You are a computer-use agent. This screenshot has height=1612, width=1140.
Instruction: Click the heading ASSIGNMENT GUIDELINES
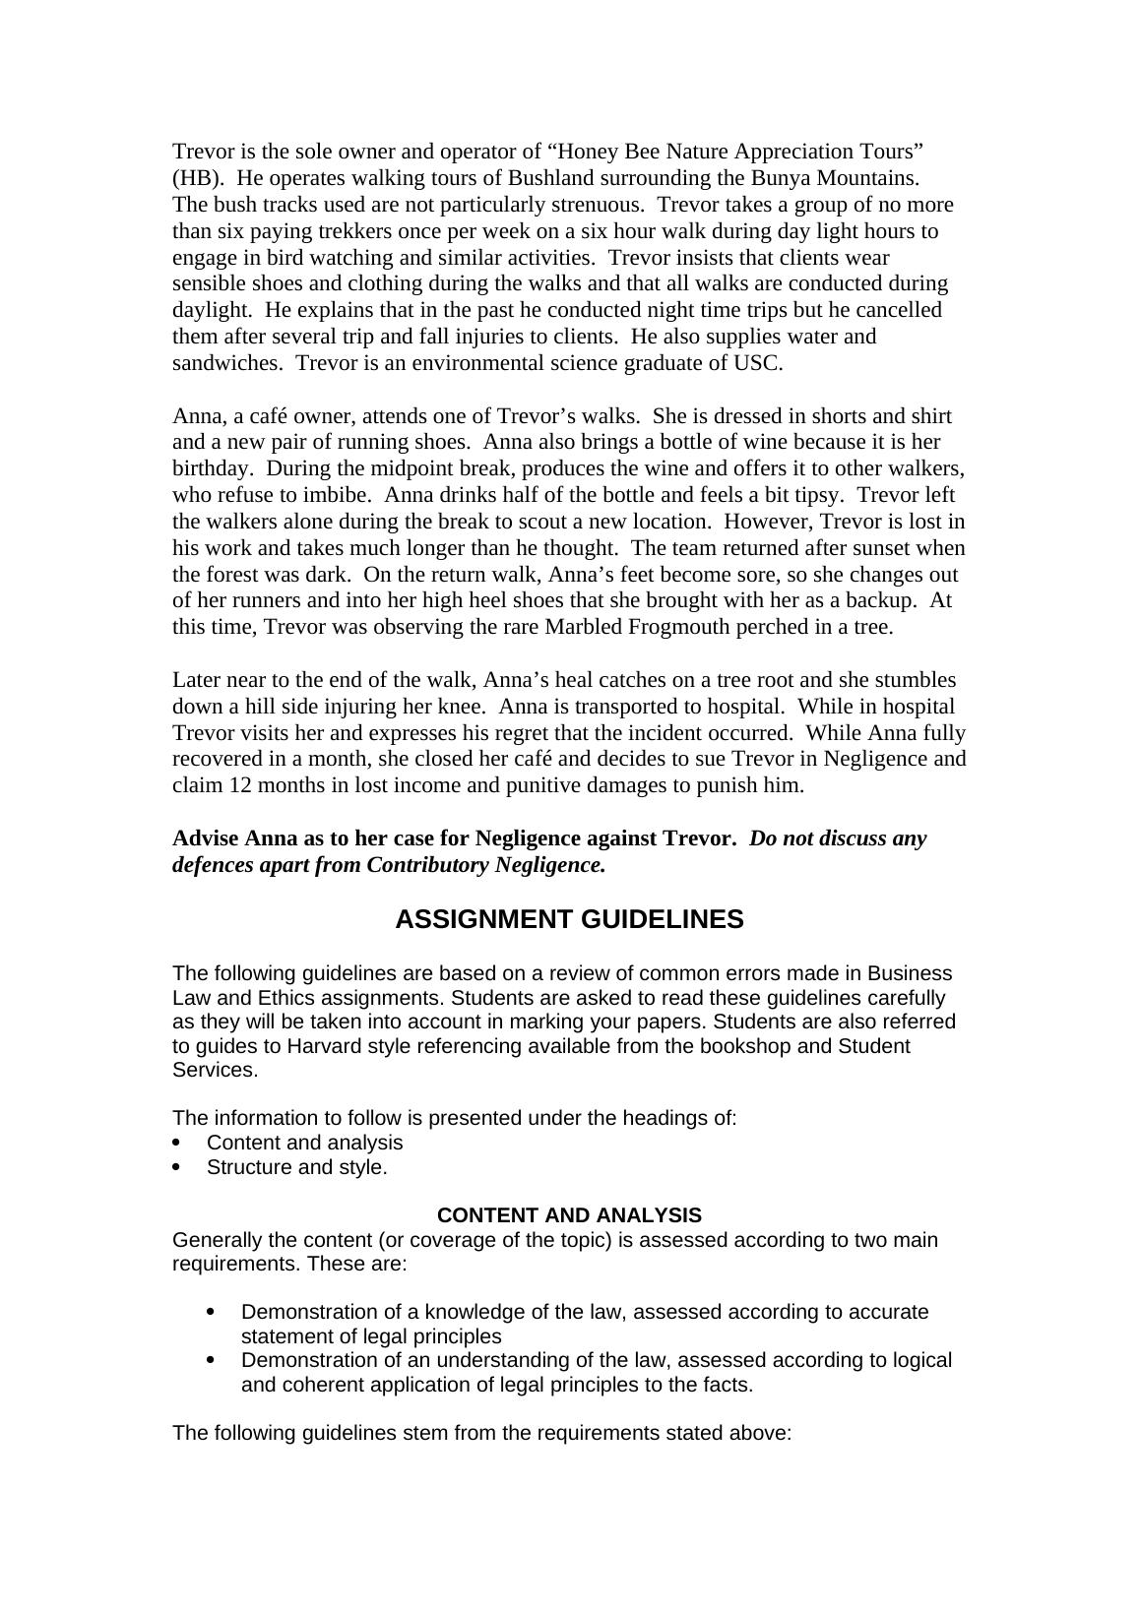coord(569,919)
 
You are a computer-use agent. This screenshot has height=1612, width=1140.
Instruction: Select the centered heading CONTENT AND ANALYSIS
coord(569,1215)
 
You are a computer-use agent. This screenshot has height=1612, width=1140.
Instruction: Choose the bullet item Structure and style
coord(296,1167)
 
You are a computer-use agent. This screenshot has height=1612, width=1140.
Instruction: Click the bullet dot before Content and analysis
coord(177,1143)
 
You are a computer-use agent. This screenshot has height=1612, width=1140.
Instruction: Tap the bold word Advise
coord(205,838)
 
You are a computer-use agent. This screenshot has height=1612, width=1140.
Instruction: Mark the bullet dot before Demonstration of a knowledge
coord(212,1312)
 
